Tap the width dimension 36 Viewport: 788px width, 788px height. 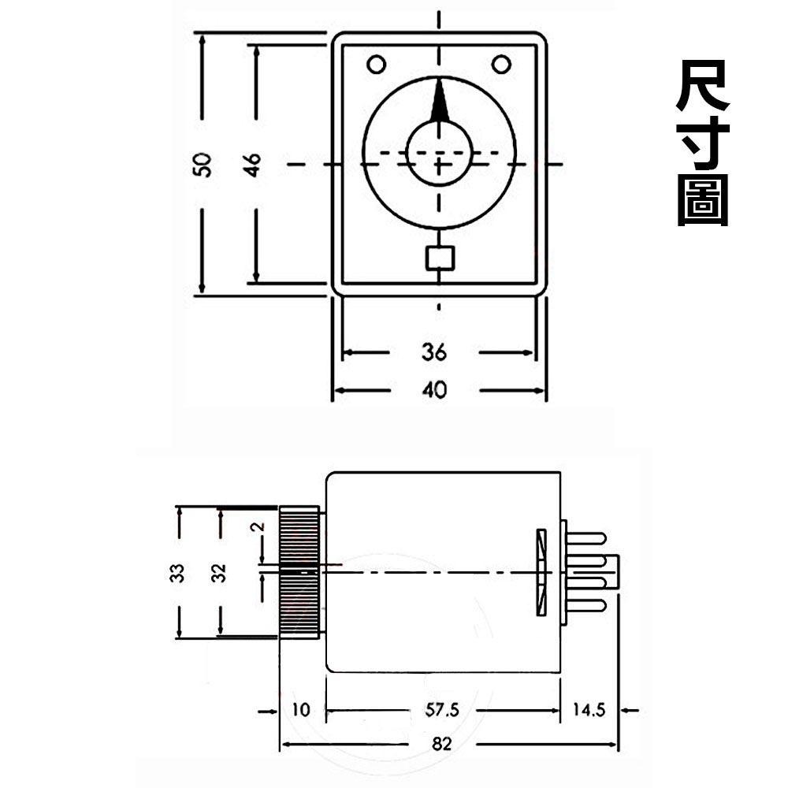coord(433,352)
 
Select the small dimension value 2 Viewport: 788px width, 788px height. coord(256,529)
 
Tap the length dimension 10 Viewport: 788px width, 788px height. coord(301,710)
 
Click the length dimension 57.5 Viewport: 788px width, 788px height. coord(442,710)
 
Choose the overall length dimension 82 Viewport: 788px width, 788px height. coord(443,744)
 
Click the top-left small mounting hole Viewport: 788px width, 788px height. coord(376,64)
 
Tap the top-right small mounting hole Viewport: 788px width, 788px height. coord(501,64)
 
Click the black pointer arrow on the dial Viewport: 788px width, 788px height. coord(440,101)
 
